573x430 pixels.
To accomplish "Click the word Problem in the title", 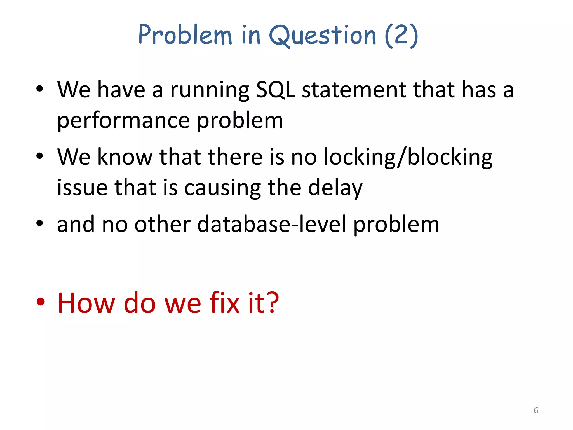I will tap(185, 35).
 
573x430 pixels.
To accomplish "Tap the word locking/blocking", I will tap(408, 157).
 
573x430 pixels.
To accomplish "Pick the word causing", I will tap(222, 188).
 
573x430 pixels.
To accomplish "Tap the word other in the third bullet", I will tap(163, 225).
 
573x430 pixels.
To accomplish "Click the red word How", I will tap(86, 303).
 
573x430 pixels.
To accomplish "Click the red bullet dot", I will tap(40, 302).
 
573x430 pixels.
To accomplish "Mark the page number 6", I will tap(536, 410).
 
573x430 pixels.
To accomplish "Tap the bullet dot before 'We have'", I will tap(39, 89).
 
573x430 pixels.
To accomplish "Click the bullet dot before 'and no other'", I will tap(39, 223).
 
